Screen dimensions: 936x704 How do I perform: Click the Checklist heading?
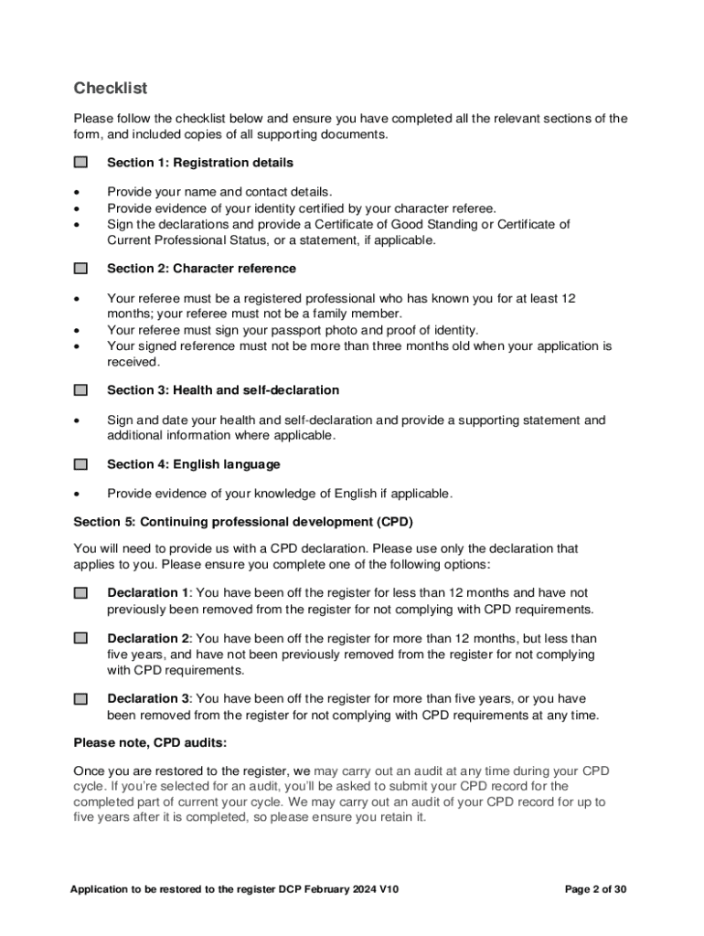(x=110, y=89)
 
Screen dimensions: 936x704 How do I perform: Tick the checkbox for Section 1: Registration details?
(x=81, y=163)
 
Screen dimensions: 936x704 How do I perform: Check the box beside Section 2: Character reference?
(x=81, y=269)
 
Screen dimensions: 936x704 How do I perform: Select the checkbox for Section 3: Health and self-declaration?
(x=81, y=390)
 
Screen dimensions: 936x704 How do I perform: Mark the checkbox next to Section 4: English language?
(x=81, y=464)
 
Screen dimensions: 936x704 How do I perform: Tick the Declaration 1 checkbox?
(x=81, y=593)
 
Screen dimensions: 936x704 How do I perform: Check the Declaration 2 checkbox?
(x=81, y=638)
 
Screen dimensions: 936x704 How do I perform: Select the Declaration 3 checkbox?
(x=81, y=699)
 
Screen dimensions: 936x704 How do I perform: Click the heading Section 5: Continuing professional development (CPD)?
(x=243, y=523)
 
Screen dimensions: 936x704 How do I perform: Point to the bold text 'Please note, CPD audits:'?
(x=150, y=743)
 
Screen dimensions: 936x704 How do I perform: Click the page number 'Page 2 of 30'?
(x=596, y=889)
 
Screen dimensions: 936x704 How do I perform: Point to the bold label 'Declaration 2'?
(x=148, y=638)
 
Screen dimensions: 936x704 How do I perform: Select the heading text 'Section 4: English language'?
(x=194, y=464)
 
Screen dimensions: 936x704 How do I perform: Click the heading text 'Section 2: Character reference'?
(x=201, y=269)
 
